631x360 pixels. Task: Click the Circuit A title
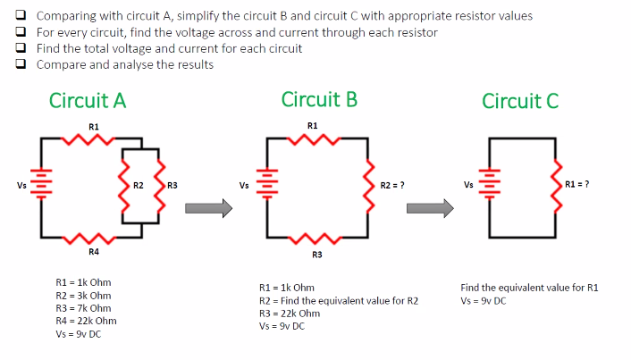(88, 101)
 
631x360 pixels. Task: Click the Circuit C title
(520, 101)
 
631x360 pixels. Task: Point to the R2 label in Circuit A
(139, 186)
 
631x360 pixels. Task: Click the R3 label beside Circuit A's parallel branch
(172, 186)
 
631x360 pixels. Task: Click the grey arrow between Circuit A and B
(208, 208)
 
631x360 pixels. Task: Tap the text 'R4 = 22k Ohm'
(86, 320)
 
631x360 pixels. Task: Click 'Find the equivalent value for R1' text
(529, 288)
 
